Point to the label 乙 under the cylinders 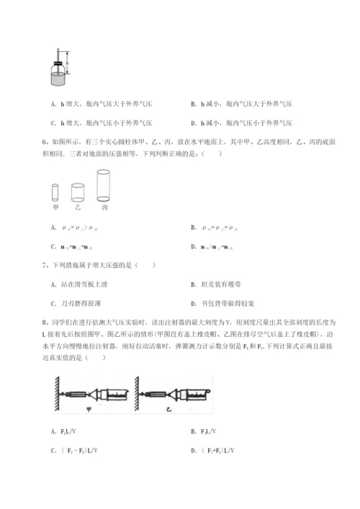pyautogui.click(x=78, y=208)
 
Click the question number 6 pyautogui.click(x=45, y=143)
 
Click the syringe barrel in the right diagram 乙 pyautogui.click(x=194, y=395)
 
